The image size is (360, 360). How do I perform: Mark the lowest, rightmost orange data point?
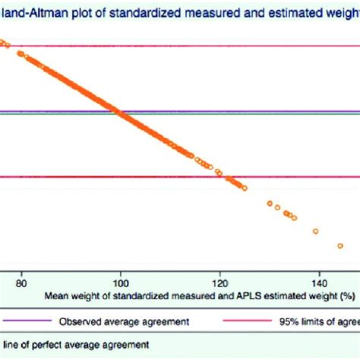pos(341,245)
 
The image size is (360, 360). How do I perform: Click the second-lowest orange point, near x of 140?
pos(316,231)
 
